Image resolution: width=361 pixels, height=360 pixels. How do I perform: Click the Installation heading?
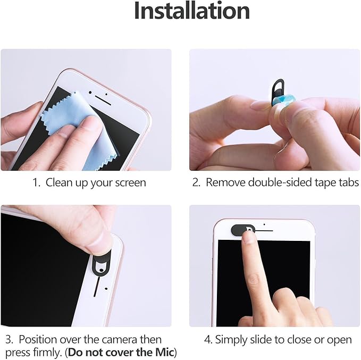[192, 11]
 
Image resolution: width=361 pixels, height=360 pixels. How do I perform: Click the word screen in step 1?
[130, 182]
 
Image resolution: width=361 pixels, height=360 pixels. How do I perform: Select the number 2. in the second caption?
[196, 182]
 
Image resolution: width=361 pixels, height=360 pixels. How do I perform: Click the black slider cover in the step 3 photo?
[102, 263]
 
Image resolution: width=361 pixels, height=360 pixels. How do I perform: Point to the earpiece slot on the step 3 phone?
[97, 287]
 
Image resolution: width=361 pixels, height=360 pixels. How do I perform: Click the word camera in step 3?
[120, 340]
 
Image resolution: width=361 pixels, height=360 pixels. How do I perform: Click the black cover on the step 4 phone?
[239, 230]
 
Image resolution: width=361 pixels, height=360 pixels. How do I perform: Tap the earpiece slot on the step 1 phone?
[103, 101]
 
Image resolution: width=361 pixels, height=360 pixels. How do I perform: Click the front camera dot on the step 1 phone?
[90, 93]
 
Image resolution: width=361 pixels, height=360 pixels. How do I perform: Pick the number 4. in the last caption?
[208, 340]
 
